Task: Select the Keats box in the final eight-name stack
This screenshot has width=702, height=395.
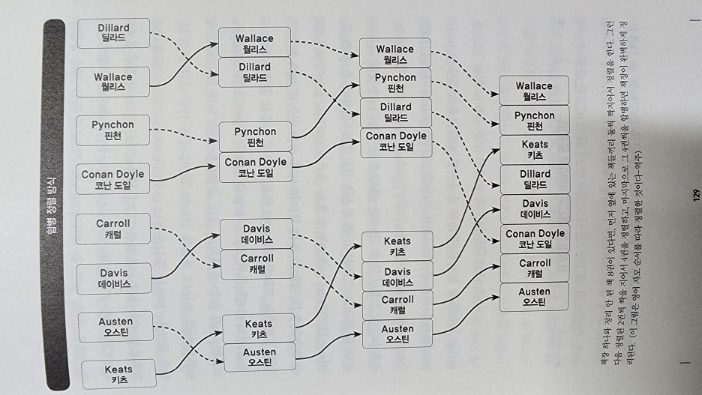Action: coord(535,150)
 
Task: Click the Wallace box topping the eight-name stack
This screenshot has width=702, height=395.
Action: coord(535,91)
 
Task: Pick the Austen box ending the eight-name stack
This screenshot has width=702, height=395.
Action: coord(535,297)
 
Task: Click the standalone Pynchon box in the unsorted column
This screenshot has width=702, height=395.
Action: coord(113,130)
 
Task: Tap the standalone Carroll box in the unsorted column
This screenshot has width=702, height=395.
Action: coord(113,229)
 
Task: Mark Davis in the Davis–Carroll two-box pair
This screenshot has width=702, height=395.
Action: coord(257,234)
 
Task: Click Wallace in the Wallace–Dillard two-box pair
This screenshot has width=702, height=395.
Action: coord(254,43)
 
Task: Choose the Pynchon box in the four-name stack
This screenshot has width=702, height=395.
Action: coord(396,83)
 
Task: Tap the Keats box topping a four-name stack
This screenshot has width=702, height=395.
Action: coord(397,247)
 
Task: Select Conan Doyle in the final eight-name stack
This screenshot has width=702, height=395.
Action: coord(535,238)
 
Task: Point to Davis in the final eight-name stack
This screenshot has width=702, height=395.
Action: coord(535,208)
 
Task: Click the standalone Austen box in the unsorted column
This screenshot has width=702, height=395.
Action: coord(115,327)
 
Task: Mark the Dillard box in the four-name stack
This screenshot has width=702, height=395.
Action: coord(396,112)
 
